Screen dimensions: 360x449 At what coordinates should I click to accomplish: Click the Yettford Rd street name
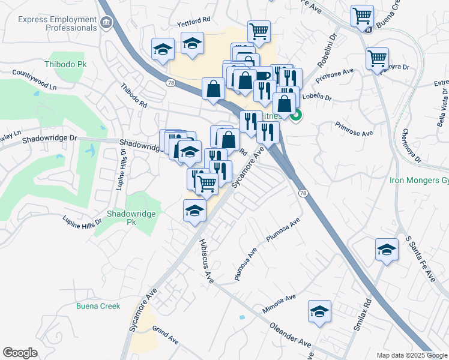(x=193, y=20)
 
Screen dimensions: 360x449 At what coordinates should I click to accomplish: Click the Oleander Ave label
(x=291, y=338)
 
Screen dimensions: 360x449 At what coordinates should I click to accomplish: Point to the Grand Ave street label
(x=166, y=335)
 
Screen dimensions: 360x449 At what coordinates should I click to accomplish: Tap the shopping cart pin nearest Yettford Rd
(x=259, y=31)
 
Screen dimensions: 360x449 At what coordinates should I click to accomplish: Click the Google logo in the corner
(x=20, y=352)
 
